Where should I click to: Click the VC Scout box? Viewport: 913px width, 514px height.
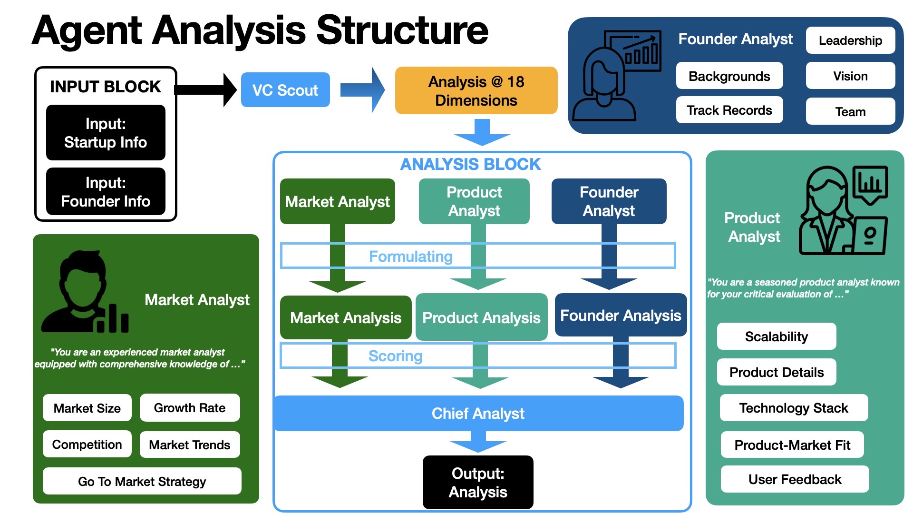click(x=285, y=90)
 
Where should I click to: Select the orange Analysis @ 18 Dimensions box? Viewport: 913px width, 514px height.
click(x=476, y=90)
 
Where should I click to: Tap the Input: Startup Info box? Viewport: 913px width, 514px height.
click(x=106, y=133)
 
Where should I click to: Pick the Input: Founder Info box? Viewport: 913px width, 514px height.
click(x=106, y=192)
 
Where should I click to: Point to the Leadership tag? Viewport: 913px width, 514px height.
click(x=850, y=40)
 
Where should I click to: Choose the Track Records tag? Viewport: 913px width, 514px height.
click(x=729, y=110)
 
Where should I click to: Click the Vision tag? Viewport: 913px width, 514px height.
click(x=850, y=76)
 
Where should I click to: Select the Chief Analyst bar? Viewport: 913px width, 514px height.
click(x=478, y=413)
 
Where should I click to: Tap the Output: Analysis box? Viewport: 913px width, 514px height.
click(x=478, y=482)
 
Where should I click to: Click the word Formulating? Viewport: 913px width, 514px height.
click(x=411, y=257)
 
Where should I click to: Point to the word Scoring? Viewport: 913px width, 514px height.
click(x=395, y=356)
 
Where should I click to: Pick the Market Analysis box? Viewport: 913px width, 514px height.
click(x=346, y=317)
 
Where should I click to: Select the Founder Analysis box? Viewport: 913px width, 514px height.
click(x=621, y=315)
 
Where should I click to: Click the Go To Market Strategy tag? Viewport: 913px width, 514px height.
click(x=142, y=481)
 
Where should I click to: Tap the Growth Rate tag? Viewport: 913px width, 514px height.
click(x=190, y=408)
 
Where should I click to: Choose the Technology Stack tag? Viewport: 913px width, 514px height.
click(x=794, y=408)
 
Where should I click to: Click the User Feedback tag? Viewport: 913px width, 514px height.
click(x=795, y=479)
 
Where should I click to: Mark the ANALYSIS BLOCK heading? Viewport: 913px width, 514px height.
click(x=470, y=164)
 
